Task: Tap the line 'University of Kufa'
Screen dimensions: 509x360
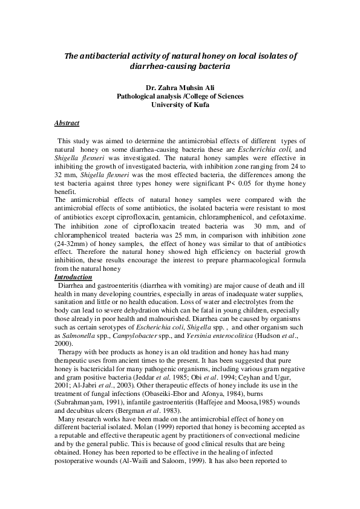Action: [x=180, y=105]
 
